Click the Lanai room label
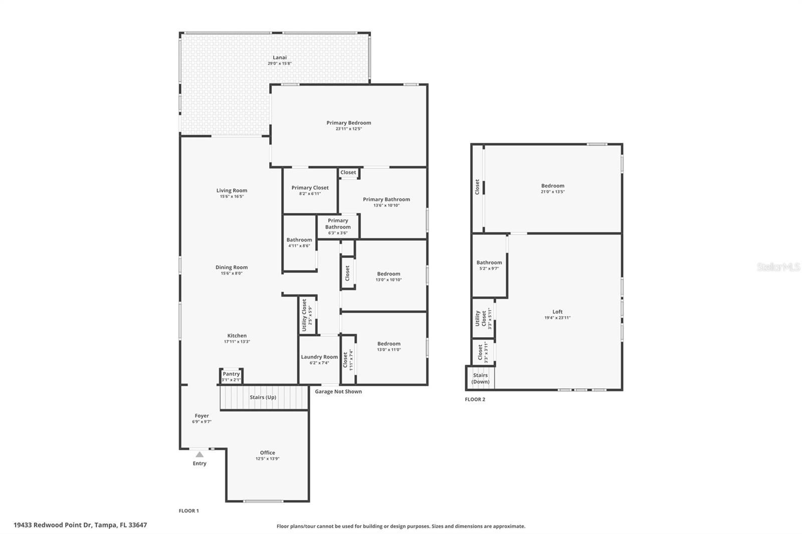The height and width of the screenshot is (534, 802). pyautogui.click(x=280, y=57)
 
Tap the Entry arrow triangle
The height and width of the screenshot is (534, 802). pyautogui.click(x=199, y=454)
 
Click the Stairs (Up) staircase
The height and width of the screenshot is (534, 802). pyautogui.click(x=264, y=397)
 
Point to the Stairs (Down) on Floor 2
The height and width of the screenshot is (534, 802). pyautogui.click(x=481, y=378)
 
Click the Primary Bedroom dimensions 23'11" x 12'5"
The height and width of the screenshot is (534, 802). pyautogui.click(x=349, y=129)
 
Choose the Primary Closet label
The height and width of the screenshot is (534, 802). pyautogui.click(x=310, y=187)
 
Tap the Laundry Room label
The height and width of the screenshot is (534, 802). pyautogui.click(x=319, y=357)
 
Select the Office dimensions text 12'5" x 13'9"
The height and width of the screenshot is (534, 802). pyautogui.click(x=268, y=459)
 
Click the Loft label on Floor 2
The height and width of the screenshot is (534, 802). pyautogui.click(x=557, y=312)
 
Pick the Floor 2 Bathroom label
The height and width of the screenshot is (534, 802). pyautogui.click(x=489, y=262)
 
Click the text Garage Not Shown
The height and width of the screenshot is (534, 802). pyautogui.click(x=338, y=392)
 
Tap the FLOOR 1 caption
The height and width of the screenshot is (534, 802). pyautogui.click(x=188, y=511)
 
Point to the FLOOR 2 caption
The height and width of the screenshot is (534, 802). pyautogui.click(x=475, y=399)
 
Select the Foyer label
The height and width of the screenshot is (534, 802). pyautogui.click(x=202, y=416)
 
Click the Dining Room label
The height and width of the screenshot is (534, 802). pyautogui.click(x=231, y=268)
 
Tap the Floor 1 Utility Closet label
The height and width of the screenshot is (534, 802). pyautogui.click(x=304, y=315)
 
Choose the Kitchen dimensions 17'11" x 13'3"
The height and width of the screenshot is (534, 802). pyautogui.click(x=237, y=342)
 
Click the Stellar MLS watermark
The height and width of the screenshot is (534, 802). pyautogui.click(x=778, y=267)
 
